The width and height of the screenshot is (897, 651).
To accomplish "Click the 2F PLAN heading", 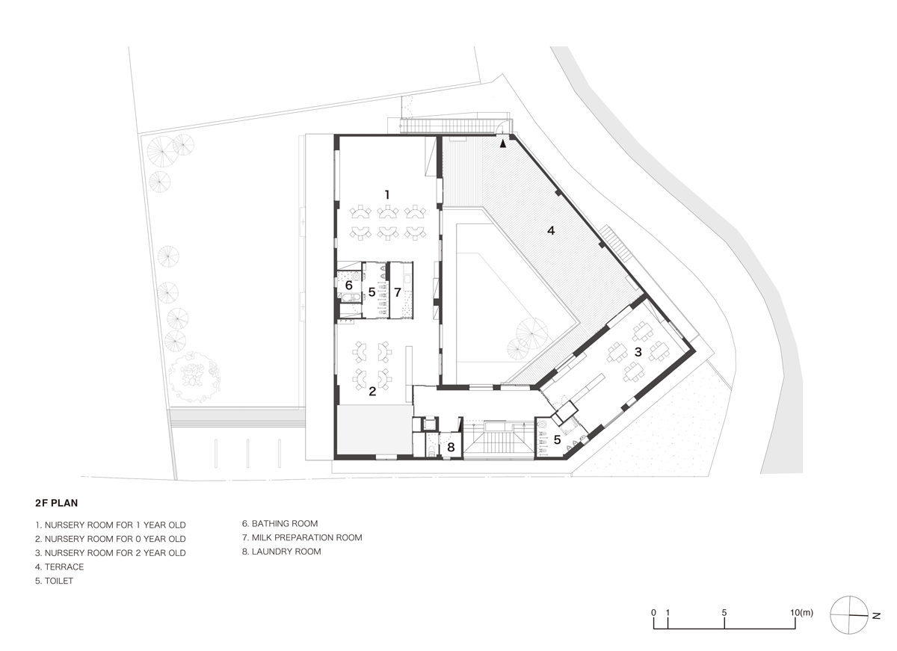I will click(x=57, y=503).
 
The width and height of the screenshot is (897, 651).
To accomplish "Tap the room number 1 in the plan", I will click(x=386, y=194).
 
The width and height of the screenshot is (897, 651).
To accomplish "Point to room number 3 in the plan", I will click(x=638, y=351).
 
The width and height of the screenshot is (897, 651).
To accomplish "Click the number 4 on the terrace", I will click(x=551, y=231).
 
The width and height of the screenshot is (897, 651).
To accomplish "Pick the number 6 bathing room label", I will click(x=348, y=286).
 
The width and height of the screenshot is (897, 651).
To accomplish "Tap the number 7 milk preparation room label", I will click(x=398, y=291).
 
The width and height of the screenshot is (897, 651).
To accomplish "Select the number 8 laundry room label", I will click(x=450, y=448).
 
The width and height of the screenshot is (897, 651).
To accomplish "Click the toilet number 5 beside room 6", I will click(x=372, y=291).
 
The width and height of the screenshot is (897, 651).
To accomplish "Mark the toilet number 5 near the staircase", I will click(x=556, y=439).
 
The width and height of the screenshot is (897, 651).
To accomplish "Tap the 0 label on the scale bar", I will click(x=653, y=613).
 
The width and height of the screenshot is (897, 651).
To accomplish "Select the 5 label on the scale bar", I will click(x=724, y=613).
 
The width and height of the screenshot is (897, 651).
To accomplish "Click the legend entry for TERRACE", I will click(x=59, y=567).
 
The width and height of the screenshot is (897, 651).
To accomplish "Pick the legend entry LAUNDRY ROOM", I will click(x=281, y=552).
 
